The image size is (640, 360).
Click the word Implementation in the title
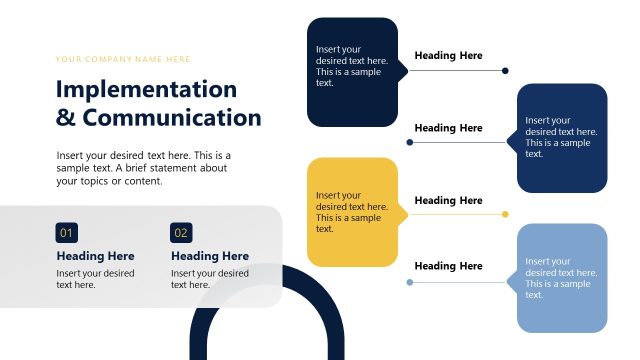[146, 89]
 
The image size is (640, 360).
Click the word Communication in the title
[172, 118]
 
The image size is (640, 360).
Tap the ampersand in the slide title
[66, 118]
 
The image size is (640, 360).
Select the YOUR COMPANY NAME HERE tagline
[123, 59]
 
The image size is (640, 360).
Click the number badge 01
[67, 233]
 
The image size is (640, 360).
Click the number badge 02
[181, 233]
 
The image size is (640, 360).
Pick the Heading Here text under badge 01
[95, 256]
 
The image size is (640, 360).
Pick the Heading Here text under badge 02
[210, 256]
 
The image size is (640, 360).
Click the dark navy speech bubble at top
[352, 72]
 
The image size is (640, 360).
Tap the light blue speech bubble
[562, 278]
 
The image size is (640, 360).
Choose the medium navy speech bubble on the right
[562, 138]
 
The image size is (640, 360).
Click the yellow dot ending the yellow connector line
[505, 214]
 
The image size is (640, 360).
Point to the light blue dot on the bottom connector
[409, 283]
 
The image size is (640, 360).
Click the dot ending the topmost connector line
[505, 71]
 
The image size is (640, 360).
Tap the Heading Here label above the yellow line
[448, 201]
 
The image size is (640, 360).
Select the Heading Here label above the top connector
[448, 56]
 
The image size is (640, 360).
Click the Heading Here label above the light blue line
[448, 266]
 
